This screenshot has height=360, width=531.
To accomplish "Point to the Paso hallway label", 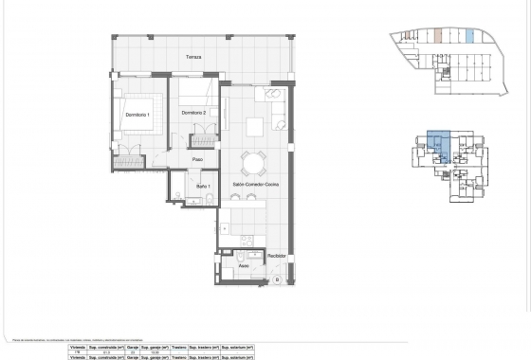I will click(198, 159).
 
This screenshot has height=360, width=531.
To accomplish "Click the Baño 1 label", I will click(202, 187).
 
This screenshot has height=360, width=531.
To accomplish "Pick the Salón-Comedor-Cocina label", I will click(253, 184).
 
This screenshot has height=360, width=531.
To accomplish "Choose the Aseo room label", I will click(244, 266).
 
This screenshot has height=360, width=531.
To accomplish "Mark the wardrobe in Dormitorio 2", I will click(201, 140).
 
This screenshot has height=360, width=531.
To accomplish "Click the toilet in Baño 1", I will click(179, 196).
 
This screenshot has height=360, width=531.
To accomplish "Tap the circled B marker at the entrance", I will click(276, 280).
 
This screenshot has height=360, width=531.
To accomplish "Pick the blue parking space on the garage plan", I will click(470, 37).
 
